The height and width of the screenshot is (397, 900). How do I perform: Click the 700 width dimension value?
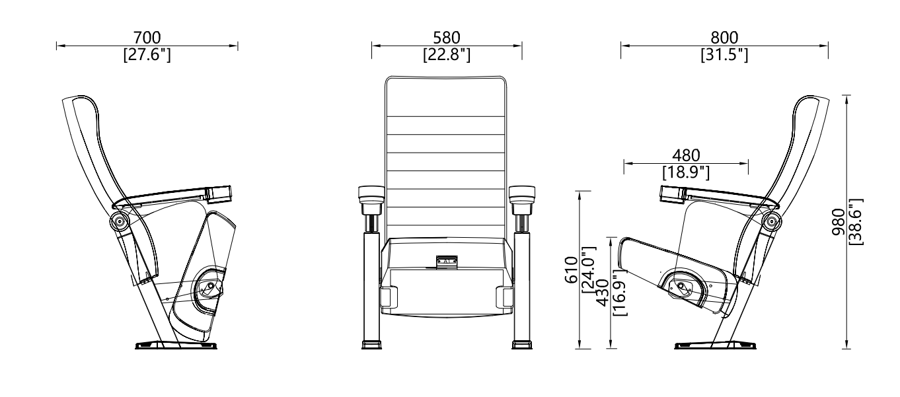(x=147, y=38)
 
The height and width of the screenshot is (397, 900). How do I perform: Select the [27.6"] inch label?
(x=147, y=54)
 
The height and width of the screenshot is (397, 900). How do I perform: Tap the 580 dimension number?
(x=447, y=38)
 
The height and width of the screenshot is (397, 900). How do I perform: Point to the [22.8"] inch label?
(x=447, y=54)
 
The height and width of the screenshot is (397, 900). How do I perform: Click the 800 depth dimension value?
(x=724, y=38)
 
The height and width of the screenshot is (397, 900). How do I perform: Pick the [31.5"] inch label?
(x=724, y=54)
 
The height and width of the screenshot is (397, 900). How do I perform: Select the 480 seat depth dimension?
(x=686, y=155)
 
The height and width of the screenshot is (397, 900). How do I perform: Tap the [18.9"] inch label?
(x=686, y=172)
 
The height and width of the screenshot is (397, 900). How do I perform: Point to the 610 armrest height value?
(x=570, y=270)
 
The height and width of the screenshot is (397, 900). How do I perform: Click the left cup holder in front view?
(x=370, y=194)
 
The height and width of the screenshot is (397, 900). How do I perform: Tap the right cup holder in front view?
(x=521, y=194)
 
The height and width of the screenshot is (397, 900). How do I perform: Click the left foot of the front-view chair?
(x=371, y=344)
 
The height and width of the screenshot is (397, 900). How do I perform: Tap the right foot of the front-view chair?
(x=521, y=344)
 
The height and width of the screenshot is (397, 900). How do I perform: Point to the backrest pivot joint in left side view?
(x=120, y=221)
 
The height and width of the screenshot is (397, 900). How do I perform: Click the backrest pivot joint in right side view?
(x=770, y=221)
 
